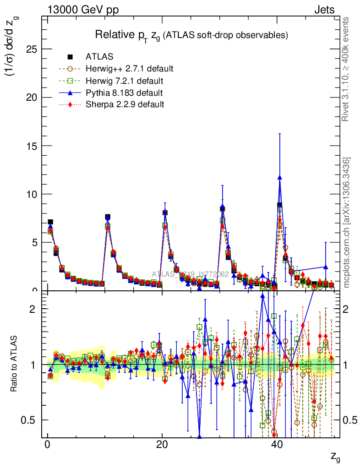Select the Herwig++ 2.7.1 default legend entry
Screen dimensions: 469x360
coord(129,69)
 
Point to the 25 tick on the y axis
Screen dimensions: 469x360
coord(31,49)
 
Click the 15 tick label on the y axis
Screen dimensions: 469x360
coord(31,146)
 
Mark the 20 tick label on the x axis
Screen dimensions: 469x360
coord(162,445)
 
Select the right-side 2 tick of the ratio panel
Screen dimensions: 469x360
coord(349,309)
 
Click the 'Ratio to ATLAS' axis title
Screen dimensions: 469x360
coord(15,365)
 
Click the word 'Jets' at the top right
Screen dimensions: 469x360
coord(324,10)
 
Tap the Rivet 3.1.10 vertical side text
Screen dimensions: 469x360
coord(346,69)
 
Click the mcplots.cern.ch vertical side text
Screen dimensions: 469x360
coord(347,223)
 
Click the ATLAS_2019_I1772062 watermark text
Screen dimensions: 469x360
coord(190,274)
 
